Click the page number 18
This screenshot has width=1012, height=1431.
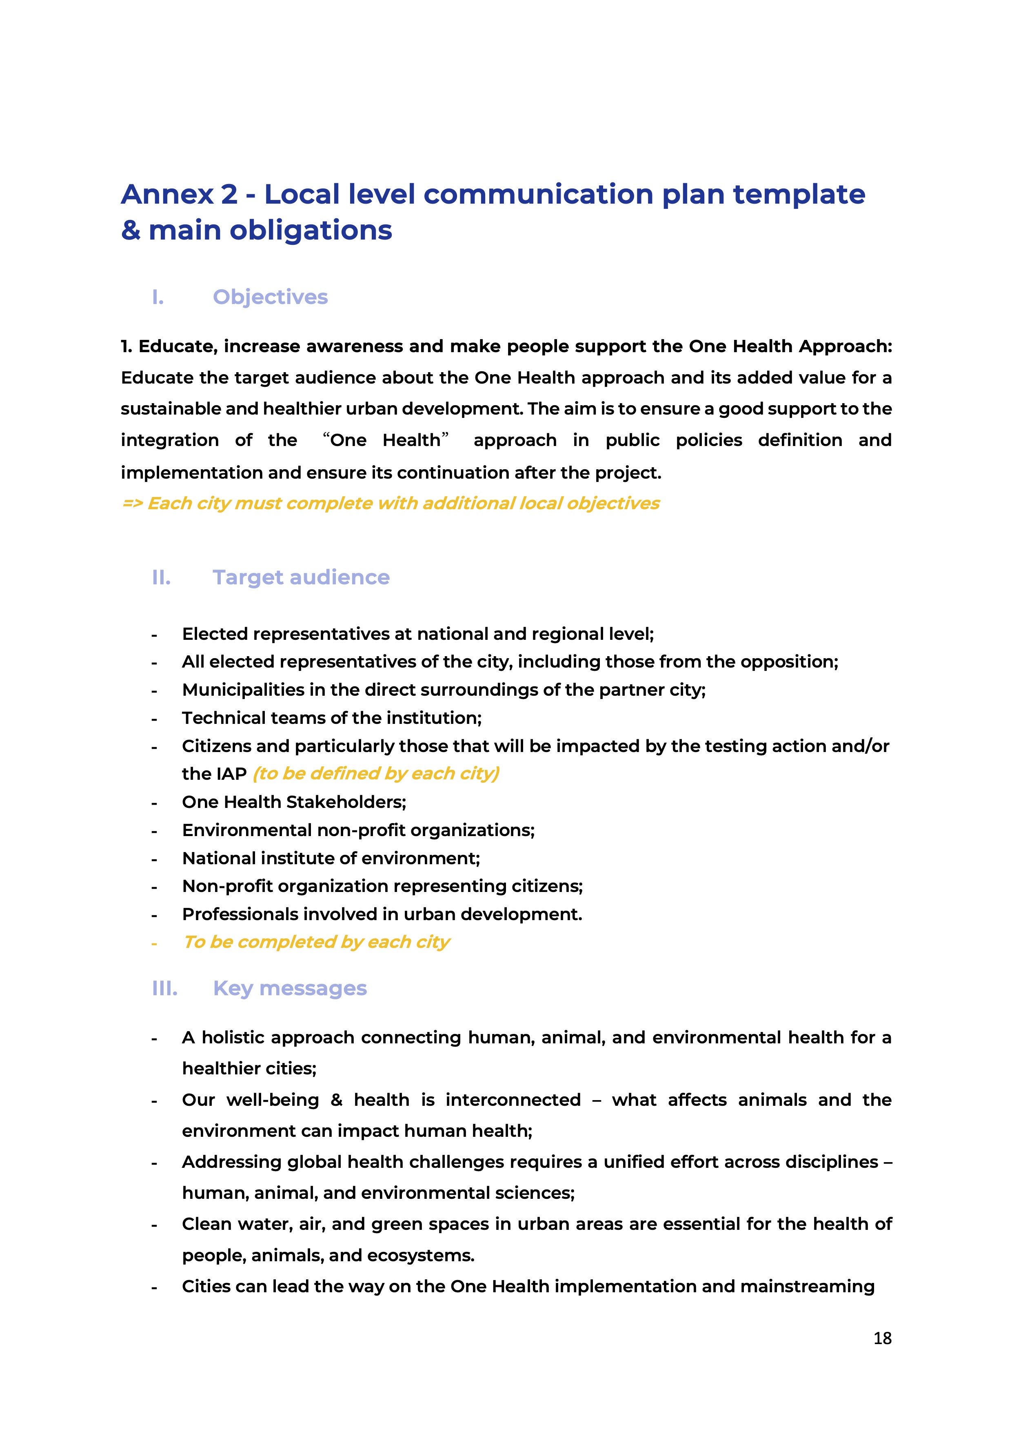pos(882,1338)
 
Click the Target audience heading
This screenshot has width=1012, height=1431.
pos(301,578)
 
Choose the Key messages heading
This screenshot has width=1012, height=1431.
pos(290,989)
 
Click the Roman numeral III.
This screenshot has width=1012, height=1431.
pos(164,989)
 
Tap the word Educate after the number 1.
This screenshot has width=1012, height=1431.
pos(177,346)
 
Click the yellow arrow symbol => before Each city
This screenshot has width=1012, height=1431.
pos(132,504)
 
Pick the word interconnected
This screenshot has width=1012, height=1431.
pos(513,1100)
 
